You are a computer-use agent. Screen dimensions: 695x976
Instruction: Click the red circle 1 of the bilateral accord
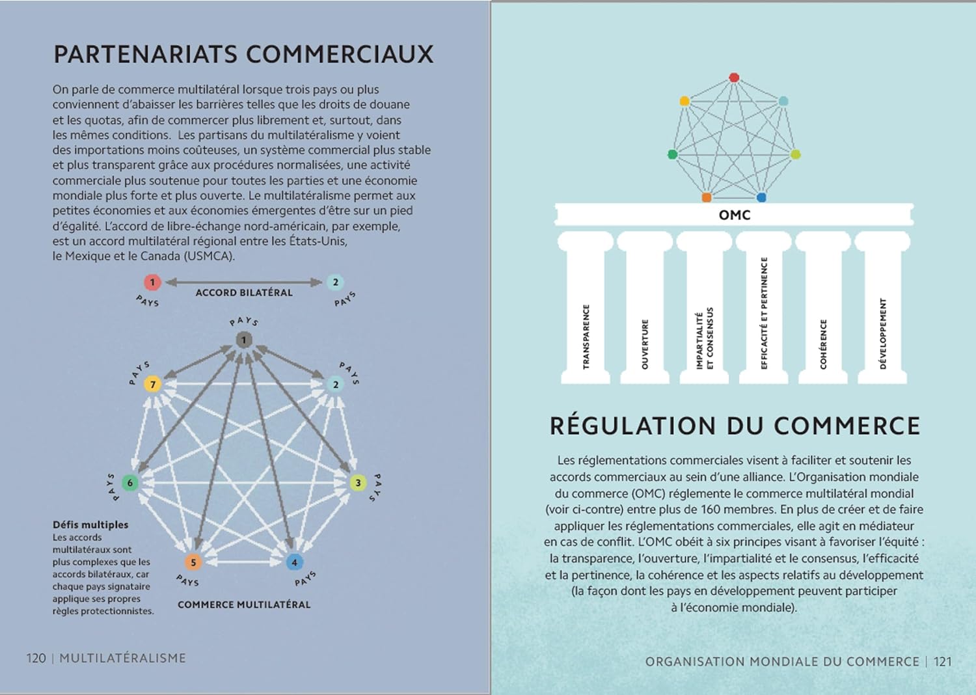152,282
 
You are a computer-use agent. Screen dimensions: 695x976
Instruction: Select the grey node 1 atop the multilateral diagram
244,340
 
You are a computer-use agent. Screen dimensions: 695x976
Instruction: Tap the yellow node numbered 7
152,384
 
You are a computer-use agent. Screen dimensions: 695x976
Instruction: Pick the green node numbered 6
130,483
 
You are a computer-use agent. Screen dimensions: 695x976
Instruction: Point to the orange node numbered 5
193,562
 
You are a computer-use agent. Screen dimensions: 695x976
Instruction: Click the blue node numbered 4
294,562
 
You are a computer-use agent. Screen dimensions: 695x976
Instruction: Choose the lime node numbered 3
358,483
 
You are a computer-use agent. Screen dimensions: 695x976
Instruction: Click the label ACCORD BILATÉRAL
244,293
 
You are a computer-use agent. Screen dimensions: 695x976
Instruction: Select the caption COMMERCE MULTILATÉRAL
244,605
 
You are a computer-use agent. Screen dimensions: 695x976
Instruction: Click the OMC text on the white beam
735,215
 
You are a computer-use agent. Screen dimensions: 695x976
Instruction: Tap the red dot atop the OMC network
734,77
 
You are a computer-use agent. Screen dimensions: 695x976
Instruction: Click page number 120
36,658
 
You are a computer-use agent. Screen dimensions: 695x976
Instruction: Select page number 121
942,661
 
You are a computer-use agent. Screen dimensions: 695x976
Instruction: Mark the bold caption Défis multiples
90,525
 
